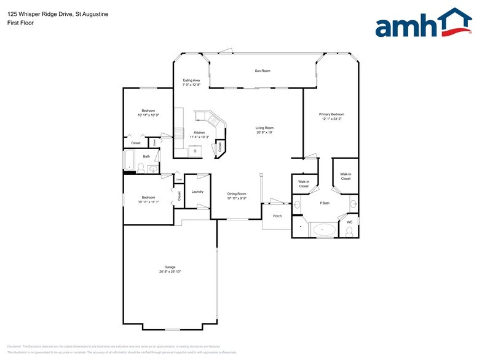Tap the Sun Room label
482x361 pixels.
click(x=263, y=71)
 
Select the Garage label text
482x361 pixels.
click(x=170, y=267)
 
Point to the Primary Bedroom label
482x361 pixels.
click(x=331, y=114)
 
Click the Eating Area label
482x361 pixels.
click(x=192, y=80)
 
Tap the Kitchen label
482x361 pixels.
click(x=199, y=133)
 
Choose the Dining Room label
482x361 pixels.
click(x=237, y=193)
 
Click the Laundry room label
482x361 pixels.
click(x=197, y=192)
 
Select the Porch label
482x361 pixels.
click(x=277, y=215)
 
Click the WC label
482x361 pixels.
click(x=349, y=222)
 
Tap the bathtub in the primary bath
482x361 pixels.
click(x=324, y=230)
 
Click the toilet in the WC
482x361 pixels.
click(x=349, y=231)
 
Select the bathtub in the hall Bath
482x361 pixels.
click(x=130, y=161)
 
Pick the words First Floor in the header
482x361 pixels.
click(x=21, y=23)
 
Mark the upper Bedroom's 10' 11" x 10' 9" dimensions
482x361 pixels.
click(x=148, y=115)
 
